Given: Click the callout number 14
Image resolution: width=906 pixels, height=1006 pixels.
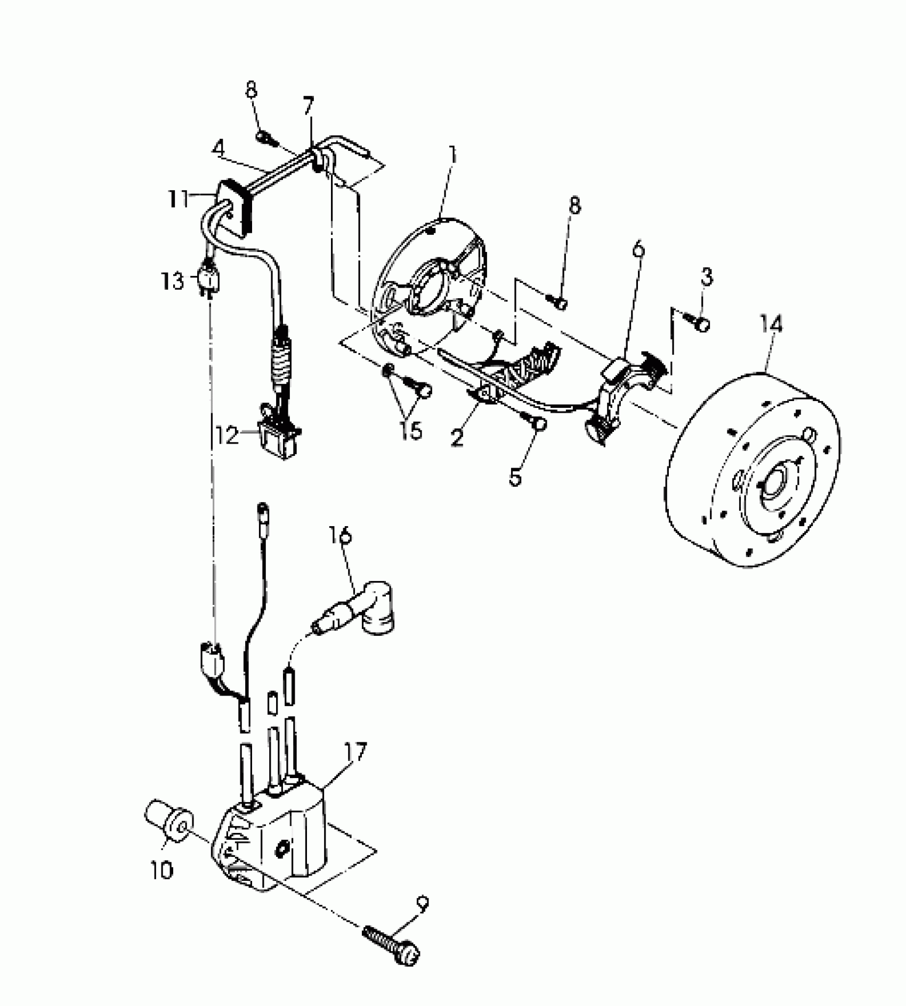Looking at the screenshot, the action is pos(772,325).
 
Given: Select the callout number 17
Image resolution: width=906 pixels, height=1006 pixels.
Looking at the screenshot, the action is pos(356,753).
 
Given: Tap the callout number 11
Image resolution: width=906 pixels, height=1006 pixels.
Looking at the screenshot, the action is pos(178,200).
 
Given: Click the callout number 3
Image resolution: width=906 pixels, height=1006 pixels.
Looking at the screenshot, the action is pos(706,277).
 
